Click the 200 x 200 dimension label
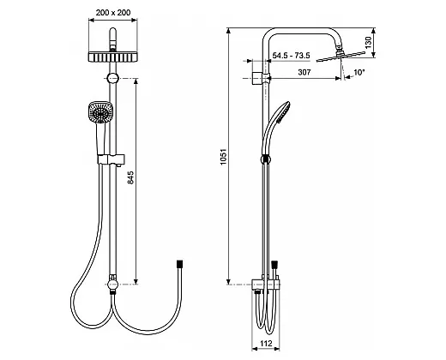[x=113, y=13]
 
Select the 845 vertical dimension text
[x=130, y=177]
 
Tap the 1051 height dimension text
[x=223, y=156]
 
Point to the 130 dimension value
[x=369, y=42]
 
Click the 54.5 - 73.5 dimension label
[x=291, y=56]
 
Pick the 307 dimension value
[x=304, y=72]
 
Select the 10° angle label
[x=359, y=72]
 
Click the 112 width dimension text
[x=267, y=343]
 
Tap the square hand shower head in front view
[x=100, y=112]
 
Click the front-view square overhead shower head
[x=112, y=57]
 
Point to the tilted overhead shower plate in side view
[x=341, y=57]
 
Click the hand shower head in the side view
[x=281, y=112]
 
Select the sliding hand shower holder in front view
[x=111, y=159]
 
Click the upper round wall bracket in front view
[x=113, y=78]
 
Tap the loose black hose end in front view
[x=180, y=264]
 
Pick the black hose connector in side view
[x=274, y=264]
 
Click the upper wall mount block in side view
[x=257, y=78]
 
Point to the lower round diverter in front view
[x=112, y=284]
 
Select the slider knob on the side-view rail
[x=266, y=159]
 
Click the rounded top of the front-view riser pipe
[x=113, y=32]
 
